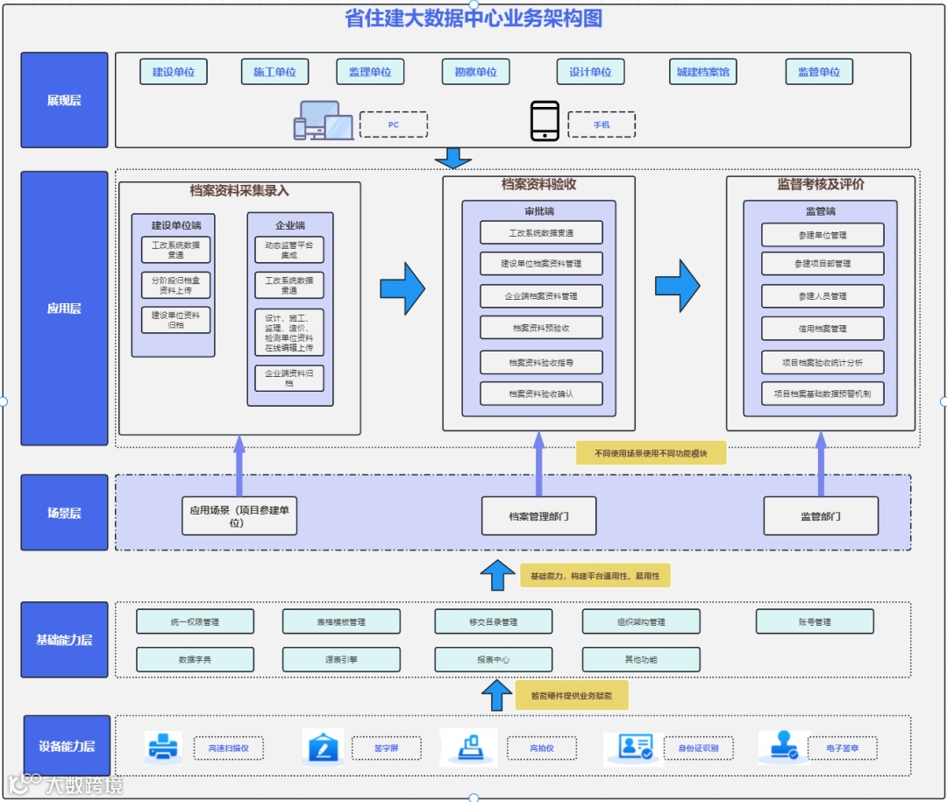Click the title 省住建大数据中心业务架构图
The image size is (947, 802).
point(473,18)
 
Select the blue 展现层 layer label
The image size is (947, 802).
point(64,100)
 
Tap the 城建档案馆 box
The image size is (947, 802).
point(702,72)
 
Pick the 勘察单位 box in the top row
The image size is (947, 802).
point(475,72)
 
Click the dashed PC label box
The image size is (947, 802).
point(393,124)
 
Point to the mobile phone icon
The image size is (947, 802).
point(545,121)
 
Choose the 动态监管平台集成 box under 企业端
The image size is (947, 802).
point(289,250)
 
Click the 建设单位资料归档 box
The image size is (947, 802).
point(175,320)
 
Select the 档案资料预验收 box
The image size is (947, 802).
point(541,328)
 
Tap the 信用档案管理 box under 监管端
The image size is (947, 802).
point(822,329)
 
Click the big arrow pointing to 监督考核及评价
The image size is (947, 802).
point(678,286)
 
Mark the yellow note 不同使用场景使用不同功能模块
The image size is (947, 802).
point(651,453)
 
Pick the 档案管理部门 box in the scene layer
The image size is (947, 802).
point(538,516)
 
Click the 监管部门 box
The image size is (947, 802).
point(821,516)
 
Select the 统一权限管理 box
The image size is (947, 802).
point(195,621)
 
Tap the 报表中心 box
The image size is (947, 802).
point(493,659)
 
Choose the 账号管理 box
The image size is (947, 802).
point(815,621)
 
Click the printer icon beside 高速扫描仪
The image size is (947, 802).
point(164,748)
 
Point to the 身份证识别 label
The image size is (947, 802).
point(698,749)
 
